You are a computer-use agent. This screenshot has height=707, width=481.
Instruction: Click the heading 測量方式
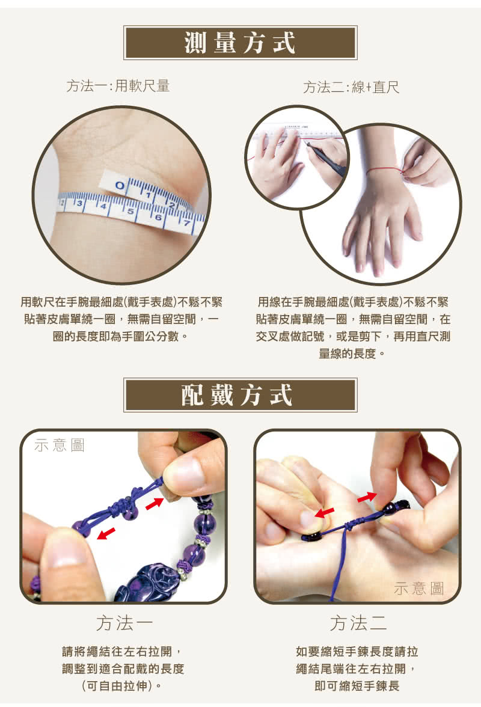(240, 43)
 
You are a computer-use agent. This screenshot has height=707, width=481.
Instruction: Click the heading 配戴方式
(240, 395)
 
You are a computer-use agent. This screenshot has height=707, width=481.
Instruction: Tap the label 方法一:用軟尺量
(118, 86)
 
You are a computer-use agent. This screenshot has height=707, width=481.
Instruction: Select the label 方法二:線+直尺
(351, 88)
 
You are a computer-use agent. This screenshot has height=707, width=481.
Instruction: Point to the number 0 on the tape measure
(120, 185)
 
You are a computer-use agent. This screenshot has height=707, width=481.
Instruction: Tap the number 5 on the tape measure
(130, 212)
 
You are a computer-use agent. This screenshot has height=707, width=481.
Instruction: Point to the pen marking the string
(325, 158)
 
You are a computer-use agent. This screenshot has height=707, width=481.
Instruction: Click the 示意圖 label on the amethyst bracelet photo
(60, 445)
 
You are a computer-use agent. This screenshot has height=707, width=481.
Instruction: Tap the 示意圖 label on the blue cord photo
(419, 589)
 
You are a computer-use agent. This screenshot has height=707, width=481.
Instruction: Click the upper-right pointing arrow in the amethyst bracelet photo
(155, 503)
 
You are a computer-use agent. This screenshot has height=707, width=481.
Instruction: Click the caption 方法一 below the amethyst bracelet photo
(123, 623)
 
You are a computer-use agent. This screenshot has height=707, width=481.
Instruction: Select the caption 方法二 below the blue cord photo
(358, 623)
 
